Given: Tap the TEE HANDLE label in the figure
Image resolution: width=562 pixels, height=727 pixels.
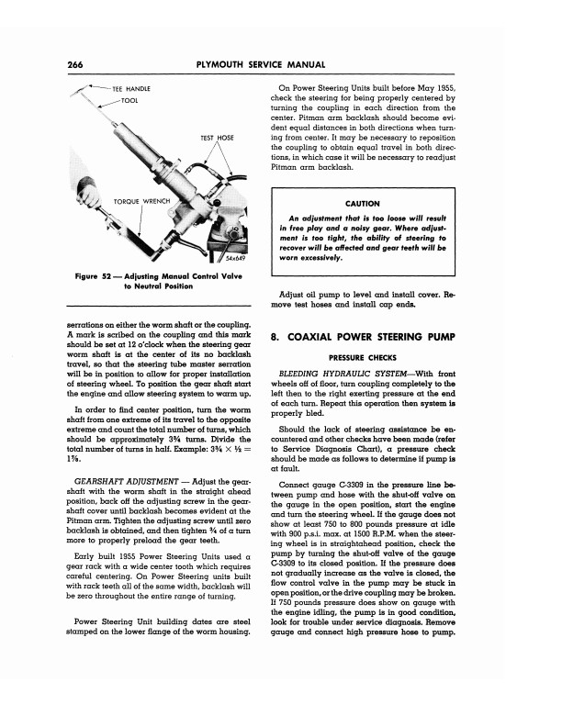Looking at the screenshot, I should point(130,88).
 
